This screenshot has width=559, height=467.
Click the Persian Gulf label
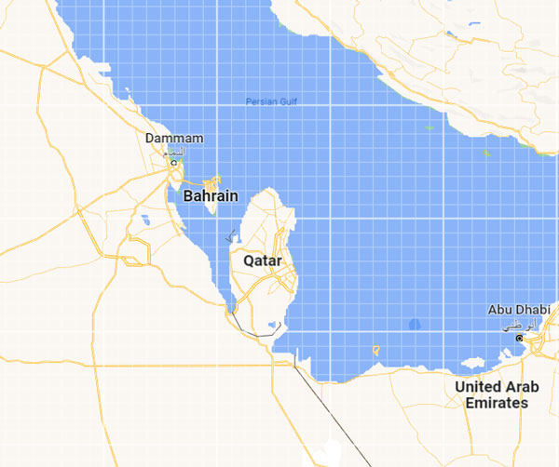(x=269, y=100)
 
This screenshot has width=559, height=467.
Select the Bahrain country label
(x=210, y=196)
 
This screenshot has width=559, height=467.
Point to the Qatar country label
(x=262, y=261)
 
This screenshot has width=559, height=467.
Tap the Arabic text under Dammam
(x=173, y=151)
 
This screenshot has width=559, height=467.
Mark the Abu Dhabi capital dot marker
(x=519, y=338)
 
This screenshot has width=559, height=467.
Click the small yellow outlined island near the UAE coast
(x=375, y=351)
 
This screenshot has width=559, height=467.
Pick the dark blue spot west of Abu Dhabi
(x=415, y=324)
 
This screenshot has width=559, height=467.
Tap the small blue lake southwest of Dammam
(x=145, y=221)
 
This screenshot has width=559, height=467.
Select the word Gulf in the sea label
(x=284, y=100)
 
